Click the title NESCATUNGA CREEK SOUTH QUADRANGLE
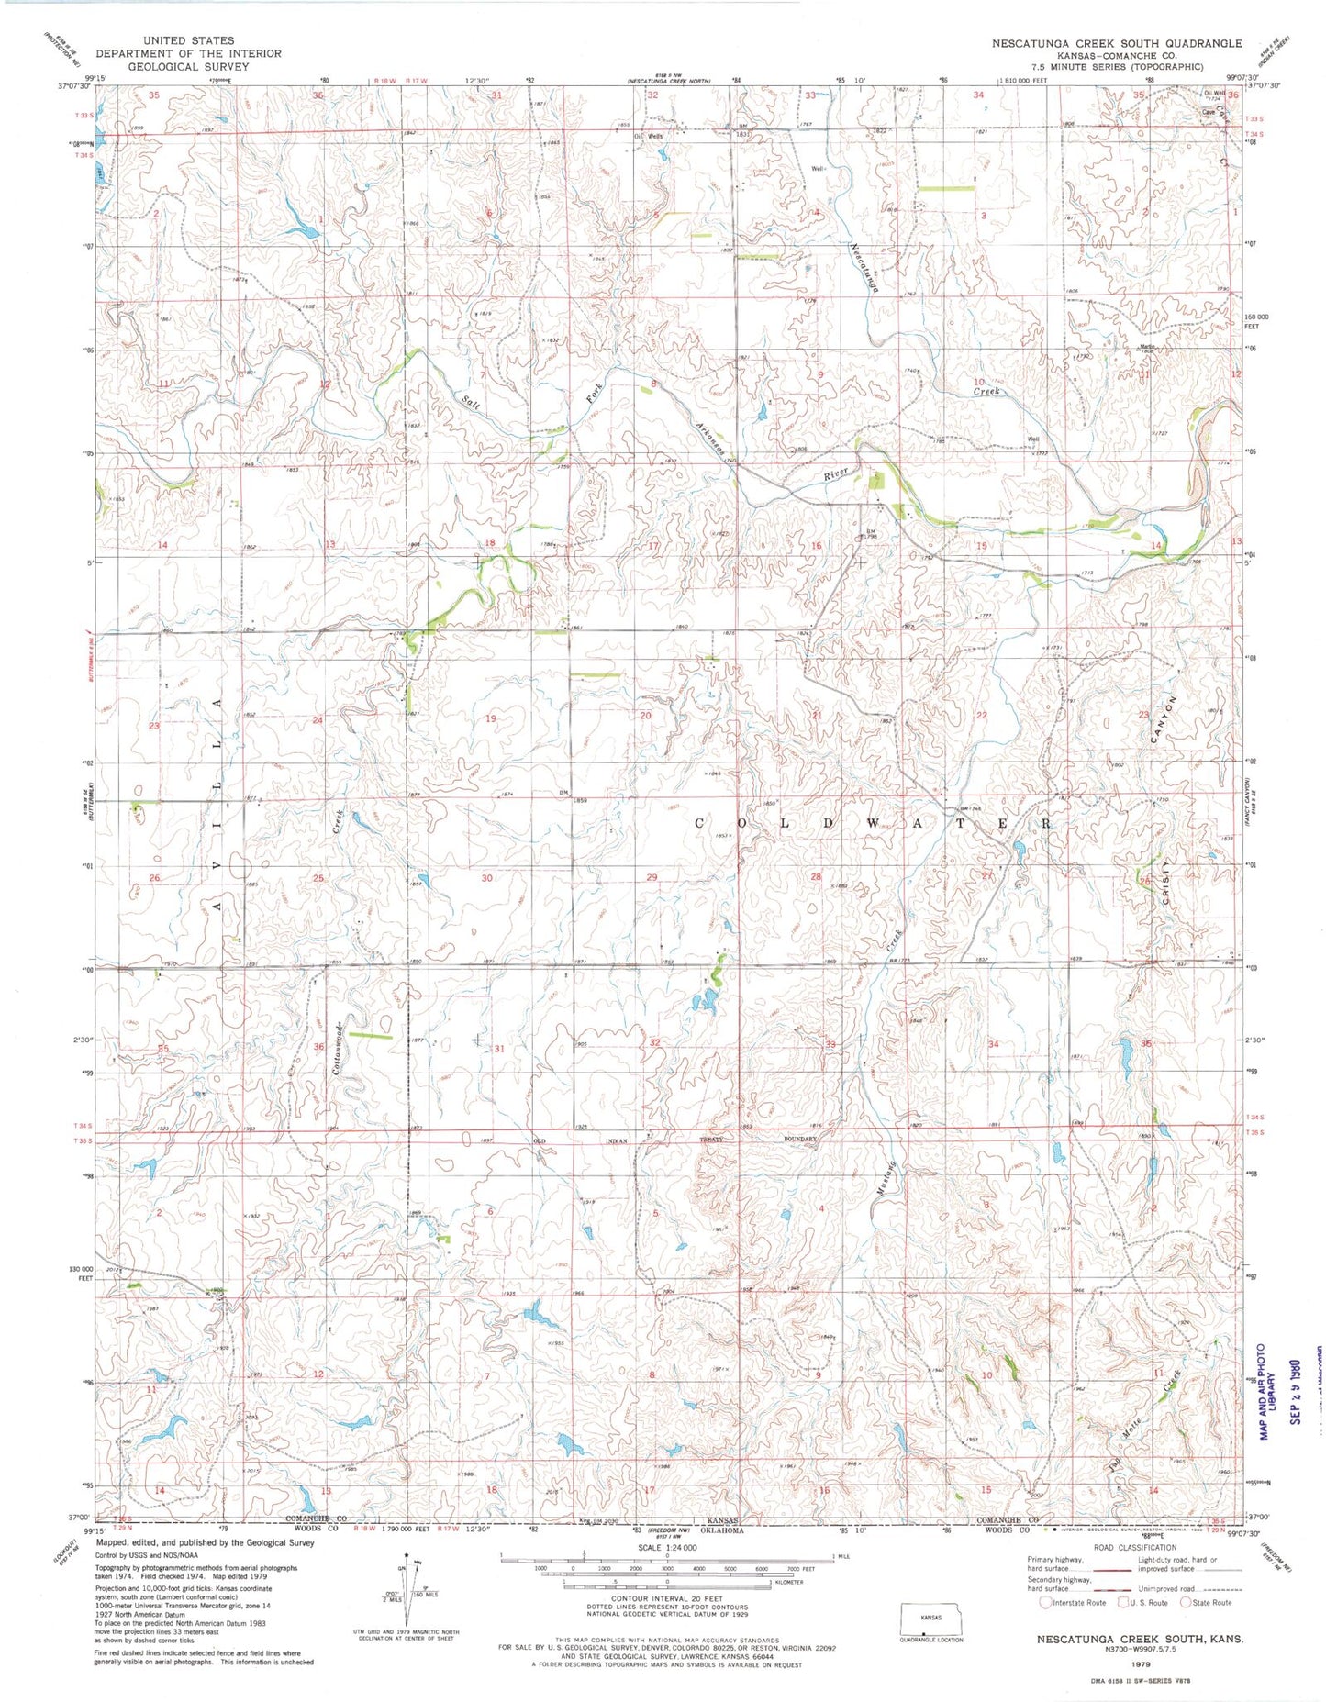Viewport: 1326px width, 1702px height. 1116,43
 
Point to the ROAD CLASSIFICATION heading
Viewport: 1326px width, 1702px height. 1131,1547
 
